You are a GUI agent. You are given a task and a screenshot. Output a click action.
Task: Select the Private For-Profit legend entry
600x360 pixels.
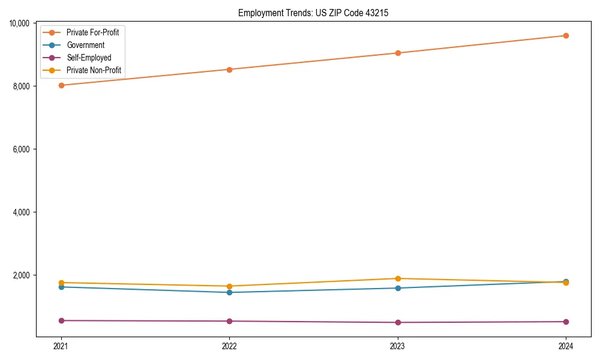(92, 32)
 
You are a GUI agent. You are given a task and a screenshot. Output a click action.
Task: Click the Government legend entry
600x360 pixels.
(85, 45)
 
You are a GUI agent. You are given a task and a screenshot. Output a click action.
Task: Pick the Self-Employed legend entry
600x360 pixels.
(89, 58)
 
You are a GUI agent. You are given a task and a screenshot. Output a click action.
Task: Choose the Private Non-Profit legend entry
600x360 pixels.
(94, 70)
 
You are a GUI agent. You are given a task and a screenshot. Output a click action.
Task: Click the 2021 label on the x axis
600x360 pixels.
(61, 346)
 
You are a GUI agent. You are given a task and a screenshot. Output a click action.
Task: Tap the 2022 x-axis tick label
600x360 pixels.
(229, 346)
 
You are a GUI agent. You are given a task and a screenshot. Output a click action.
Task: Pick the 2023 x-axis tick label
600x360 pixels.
(397, 346)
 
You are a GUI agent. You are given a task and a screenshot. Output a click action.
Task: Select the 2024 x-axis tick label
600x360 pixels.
(566, 346)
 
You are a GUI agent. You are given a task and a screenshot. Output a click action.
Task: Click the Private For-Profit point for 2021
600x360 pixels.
(61, 85)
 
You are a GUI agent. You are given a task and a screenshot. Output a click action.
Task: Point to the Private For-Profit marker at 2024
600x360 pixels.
(566, 35)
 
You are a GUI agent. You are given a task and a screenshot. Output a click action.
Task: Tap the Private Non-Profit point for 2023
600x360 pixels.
(398, 278)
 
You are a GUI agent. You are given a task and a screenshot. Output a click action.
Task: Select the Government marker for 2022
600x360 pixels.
(229, 292)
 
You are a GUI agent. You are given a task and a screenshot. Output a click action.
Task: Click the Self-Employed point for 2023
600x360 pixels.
(398, 322)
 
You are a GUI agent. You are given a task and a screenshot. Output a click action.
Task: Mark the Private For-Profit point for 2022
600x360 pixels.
(229, 70)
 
